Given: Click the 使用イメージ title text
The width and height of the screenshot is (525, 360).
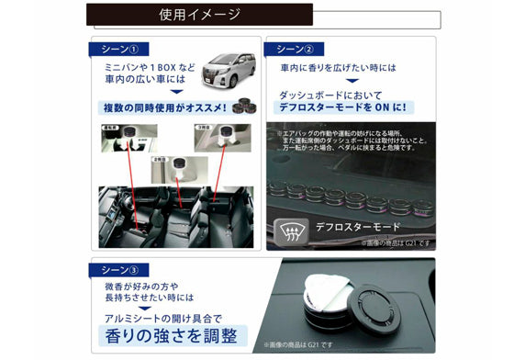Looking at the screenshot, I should point(199,14).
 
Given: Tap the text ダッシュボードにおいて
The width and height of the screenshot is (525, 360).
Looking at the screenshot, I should point(336,94).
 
